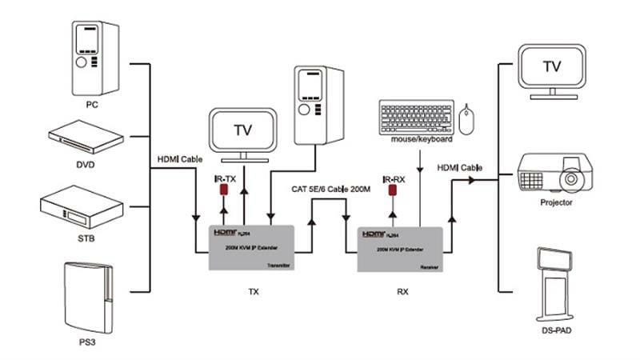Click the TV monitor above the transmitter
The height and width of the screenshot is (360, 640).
pos(243,131)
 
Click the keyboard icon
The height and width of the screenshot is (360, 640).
pos(417,118)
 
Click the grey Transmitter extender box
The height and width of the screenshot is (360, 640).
pos(252,248)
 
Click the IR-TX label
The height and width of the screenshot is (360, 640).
pos(225,180)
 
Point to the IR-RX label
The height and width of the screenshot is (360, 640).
pos(394,180)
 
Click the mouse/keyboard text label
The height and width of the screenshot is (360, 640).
pos(422,139)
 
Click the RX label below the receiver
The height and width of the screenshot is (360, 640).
pos(402,291)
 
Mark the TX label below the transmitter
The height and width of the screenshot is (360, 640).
pos(254,291)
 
